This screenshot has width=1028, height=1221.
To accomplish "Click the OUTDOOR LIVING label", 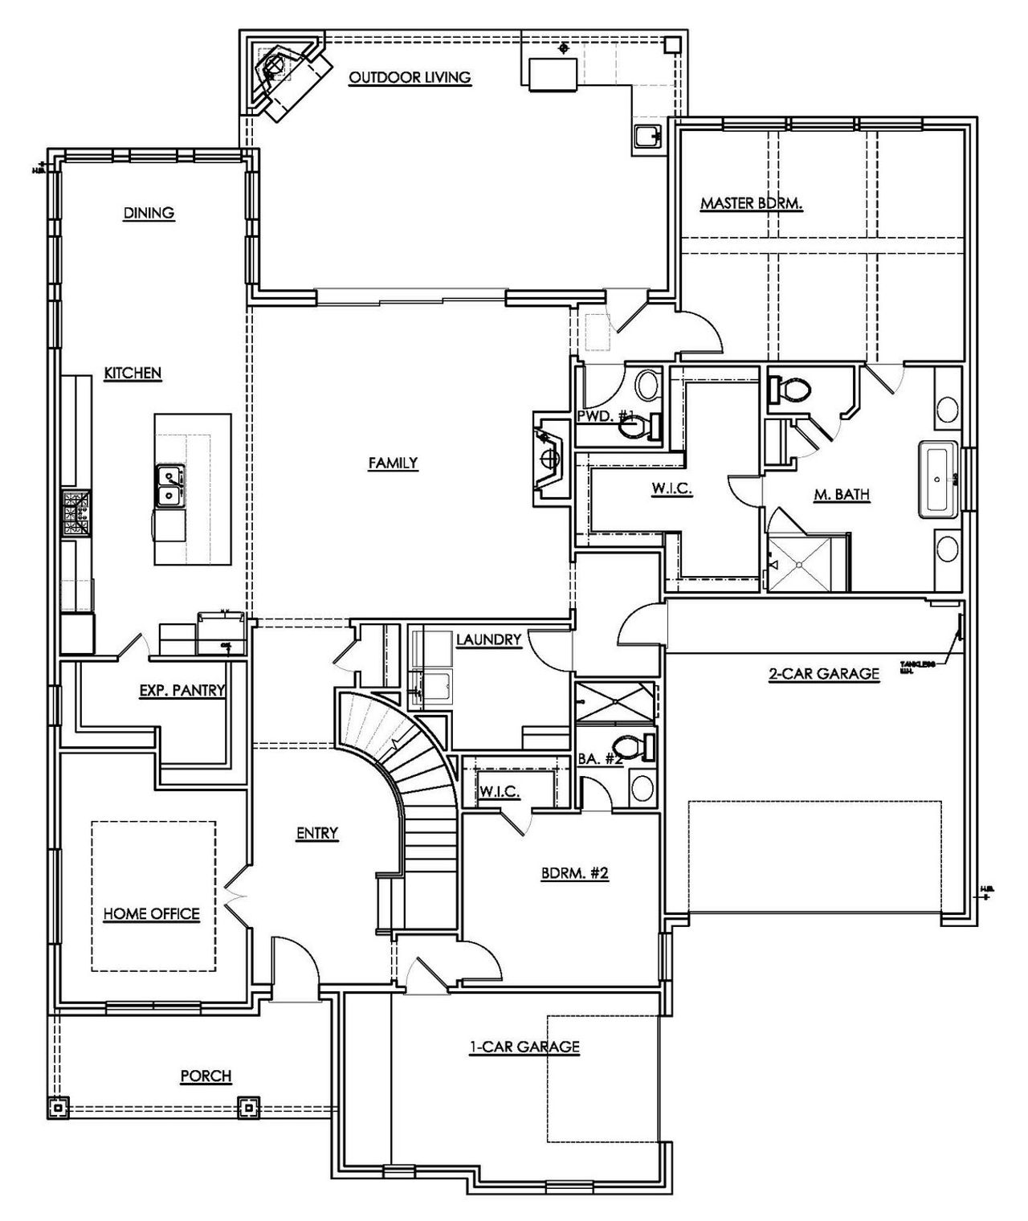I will coord(410,77).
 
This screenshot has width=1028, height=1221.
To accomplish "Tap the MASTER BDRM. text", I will coord(751,203).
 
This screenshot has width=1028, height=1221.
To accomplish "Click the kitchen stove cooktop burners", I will coord(78,514).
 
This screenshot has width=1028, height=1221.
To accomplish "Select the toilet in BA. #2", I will coord(634,747).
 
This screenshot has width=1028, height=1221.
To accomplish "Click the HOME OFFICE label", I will coord(151,913).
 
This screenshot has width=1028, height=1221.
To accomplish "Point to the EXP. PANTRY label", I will coord(182,689).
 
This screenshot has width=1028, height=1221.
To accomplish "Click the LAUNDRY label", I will coord(488,639).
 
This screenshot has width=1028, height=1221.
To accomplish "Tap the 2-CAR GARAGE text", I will coord(824,673).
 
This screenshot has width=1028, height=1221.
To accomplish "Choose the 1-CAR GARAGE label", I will coord(524,1046).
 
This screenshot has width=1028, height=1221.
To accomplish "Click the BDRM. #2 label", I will coord(575,873).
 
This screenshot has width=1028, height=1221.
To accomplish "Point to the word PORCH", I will coord(206,1076).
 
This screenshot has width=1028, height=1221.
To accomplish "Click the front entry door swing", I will coord(293,964).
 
